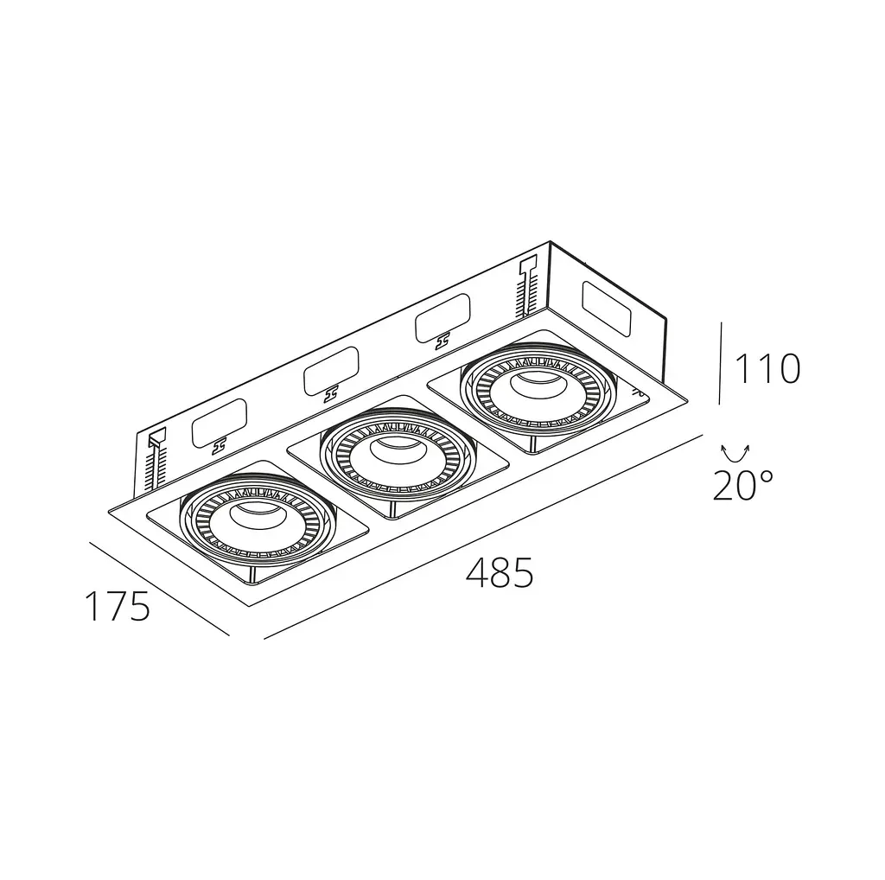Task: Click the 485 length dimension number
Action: click(500, 573)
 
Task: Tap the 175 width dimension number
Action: click(118, 606)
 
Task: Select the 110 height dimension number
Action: click(767, 368)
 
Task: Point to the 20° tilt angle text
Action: click(742, 486)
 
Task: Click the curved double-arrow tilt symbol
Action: click(735, 454)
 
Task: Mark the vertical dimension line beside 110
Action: click(721, 363)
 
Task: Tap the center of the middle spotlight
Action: click(398, 456)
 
